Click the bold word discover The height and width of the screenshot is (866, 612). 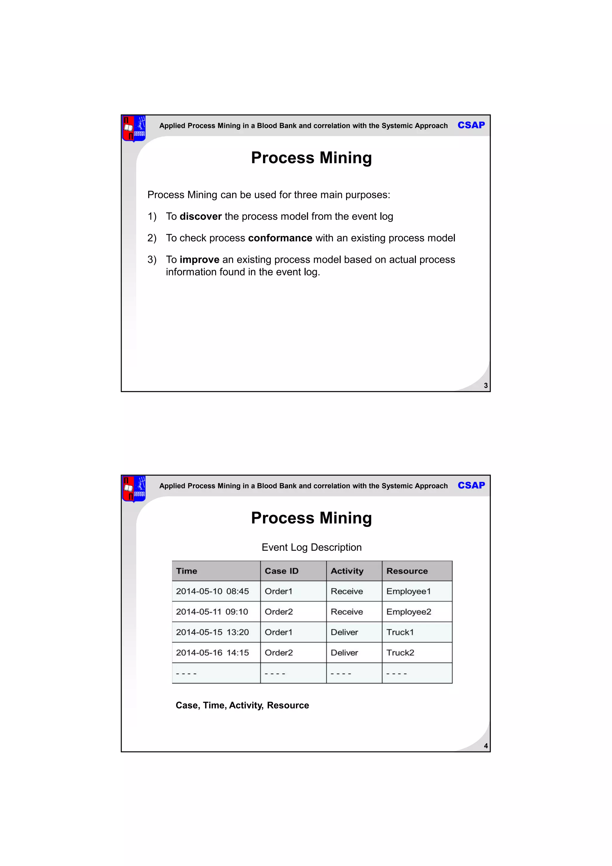[201, 216]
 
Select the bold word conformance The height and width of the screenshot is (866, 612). [280, 238]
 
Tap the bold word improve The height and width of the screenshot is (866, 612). [199, 260]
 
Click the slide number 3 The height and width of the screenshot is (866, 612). [485, 385]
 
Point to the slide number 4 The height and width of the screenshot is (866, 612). [485, 746]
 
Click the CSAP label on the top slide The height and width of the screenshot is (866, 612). [471, 125]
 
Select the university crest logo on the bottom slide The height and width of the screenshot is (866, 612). [134, 489]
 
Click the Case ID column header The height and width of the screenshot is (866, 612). [281, 571]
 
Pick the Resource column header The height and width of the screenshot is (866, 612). [407, 571]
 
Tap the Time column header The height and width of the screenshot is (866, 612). [186, 571]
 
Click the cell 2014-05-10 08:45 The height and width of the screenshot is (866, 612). [212, 591]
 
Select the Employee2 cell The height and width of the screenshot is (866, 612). [408, 612]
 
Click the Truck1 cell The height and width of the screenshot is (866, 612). [400, 632]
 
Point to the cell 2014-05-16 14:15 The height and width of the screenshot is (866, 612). [212, 653]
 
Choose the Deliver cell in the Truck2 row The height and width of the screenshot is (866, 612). [344, 653]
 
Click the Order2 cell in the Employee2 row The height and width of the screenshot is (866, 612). [279, 612]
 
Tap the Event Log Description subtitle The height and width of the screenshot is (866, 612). [311, 547]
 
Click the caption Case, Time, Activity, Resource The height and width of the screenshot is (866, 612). [242, 705]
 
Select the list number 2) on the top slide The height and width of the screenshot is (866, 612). [152, 238]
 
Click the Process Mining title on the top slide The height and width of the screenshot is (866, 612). [311, 158]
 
